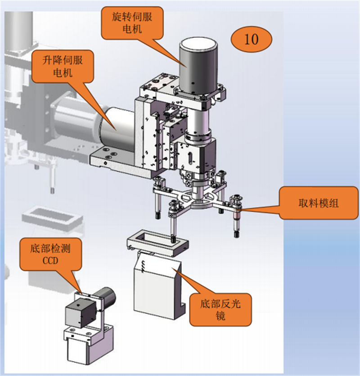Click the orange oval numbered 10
coord(252,39)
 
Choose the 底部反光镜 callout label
coord(220,309)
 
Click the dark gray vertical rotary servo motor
coord(198,67)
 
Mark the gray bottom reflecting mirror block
coord(155,288)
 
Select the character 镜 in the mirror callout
coord(220,316)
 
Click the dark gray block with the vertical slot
coord(196,157)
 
